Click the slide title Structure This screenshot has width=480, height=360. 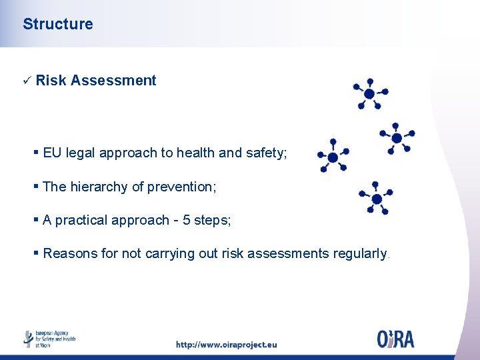click(58, 24)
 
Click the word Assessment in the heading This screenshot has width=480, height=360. click(113, 81)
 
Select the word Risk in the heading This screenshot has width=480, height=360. click(51, 81)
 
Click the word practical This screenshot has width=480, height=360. click(83, 220)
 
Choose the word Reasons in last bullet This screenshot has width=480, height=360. click(69, 253)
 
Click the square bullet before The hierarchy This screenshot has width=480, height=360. click(37, 187)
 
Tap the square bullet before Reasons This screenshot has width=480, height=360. click(37, 253)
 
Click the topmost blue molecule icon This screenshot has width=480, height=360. click(369, 93)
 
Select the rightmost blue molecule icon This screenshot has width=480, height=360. click(397, 138)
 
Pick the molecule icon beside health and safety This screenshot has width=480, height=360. click(332, 156)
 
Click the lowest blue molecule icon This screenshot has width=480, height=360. click(376, 199)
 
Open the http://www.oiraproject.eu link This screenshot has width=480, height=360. click(226, 345)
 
